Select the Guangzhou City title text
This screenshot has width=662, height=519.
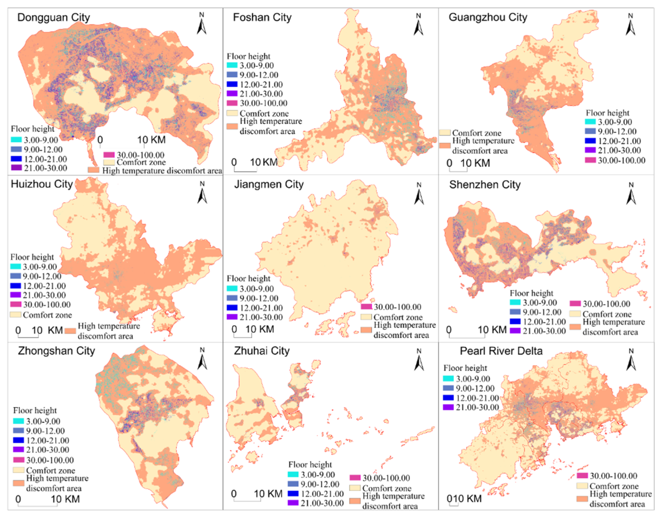click(488, 17)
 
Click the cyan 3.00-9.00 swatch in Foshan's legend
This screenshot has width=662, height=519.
click(232, 65)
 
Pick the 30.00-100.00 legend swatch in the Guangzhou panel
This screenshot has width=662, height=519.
click(590, 160)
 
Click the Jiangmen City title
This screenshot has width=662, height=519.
click(269, 184)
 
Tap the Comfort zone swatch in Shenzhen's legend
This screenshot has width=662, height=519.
click(575, 314)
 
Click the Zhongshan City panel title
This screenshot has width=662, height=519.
click(56, 351)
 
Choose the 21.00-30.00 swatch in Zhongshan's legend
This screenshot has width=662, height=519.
click(18, 450)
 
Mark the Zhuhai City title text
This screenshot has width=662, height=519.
click(262, 351)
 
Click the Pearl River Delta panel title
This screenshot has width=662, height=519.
click(501, 351)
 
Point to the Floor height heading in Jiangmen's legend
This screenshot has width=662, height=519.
click(248, 279)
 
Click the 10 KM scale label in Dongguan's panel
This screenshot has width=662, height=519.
click(151, 140)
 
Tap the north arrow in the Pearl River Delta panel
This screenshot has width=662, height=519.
click(631, 360)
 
